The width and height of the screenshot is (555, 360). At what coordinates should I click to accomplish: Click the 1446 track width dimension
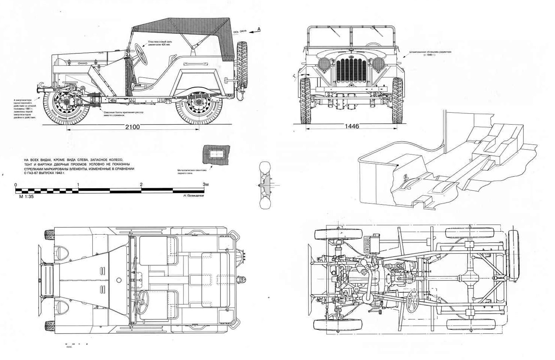(x=351, y=126)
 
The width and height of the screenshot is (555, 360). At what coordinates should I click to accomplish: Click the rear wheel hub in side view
(x=198, y=102)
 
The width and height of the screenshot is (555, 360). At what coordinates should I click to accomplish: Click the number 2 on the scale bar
(x=141, y=185)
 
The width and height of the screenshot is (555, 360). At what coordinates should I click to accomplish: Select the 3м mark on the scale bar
(x=205, y=185)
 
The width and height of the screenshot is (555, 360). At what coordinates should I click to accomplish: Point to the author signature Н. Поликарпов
(x=193, y=196)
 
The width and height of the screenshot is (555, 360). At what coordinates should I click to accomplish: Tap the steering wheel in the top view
(x=143, y=298)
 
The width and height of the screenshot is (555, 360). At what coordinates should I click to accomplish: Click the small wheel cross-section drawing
(x=265, y=185)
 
